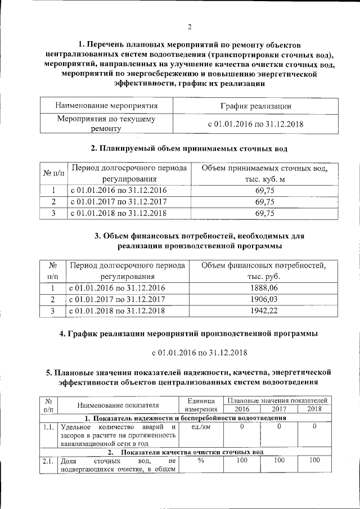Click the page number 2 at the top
(x=190, y=26)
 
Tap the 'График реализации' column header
(x=255, y=106)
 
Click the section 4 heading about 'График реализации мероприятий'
(x=189, y=334)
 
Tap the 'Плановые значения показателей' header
(x=278, y=400)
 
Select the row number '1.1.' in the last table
(x=48, y=427)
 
